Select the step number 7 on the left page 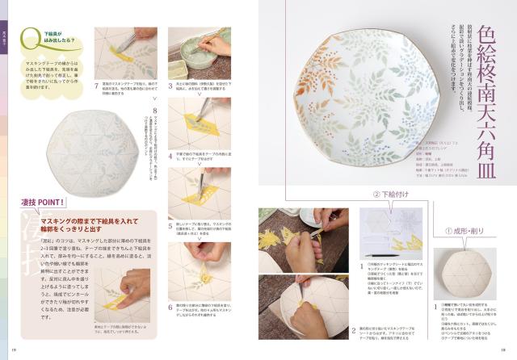tap(98, 83)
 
